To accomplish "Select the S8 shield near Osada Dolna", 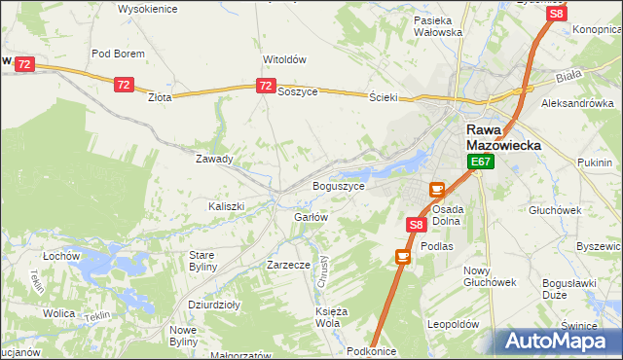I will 416,225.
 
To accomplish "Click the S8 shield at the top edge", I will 556,14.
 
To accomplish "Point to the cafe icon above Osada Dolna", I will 437,189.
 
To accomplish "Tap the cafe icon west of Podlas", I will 402,256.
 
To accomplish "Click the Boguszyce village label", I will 338,185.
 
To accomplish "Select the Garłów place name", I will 311,217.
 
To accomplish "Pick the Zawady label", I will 214,159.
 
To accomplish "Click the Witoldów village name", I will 284,58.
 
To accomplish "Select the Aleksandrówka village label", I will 577,102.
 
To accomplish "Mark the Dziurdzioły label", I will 214,305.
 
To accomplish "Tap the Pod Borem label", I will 118,54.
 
